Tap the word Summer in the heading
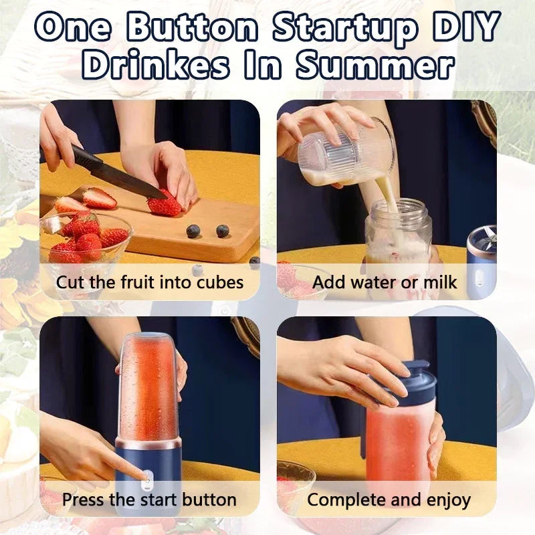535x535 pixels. (377, 66)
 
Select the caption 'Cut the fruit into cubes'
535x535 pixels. (150, 282)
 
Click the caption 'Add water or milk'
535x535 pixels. (385, 282)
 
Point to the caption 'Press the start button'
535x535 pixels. (150, 499)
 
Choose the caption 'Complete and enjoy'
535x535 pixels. (389, 499)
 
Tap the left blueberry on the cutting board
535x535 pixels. (193, 231)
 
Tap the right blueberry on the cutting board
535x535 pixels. (223, 231)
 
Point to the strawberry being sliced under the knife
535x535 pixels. (164, 204)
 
